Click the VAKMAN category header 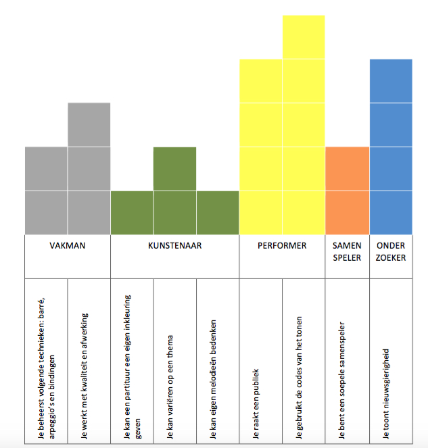[x=67, y=246]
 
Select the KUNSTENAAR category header [x=174, y=246]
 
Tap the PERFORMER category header [x=282, y=246]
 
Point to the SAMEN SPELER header [x=347, y=251]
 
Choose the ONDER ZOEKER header [x=391, y=251]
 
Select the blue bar [x=391, y=147]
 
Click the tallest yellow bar [x=304, y=125]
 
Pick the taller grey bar [x=89, y=168]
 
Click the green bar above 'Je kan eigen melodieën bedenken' [x=218, y=212]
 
